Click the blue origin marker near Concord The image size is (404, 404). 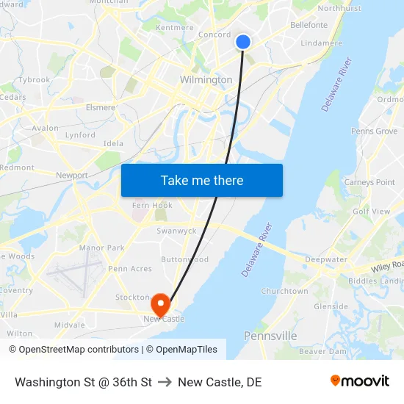click(x=243, y=42)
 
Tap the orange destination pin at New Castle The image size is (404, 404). click(x=160, y=303)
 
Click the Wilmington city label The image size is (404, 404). click(x=206, y=79)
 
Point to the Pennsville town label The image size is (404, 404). click(x=270, y=336)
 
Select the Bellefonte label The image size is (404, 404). click(x=309, y=25)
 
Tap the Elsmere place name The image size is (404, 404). click(x=101, y=107)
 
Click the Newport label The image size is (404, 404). click(x=72, y=176)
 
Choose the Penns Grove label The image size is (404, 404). click(x=374, y=131)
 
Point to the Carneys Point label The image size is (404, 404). click(x=369, y=182)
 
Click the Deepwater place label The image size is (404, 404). click(x=326, y=259)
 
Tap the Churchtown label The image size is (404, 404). click(x=284, y=291)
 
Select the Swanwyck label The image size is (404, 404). click(x=176, y=231)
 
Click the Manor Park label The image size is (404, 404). click(x=101, y=248)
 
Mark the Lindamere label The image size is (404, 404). click(x=322, y=43)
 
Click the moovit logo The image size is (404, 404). click(x=360, y=381)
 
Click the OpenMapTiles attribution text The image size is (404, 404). click(x=187, y=350)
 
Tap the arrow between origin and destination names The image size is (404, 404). click(x=165, y=382)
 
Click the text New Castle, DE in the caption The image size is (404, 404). click(x=220, y=382)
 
